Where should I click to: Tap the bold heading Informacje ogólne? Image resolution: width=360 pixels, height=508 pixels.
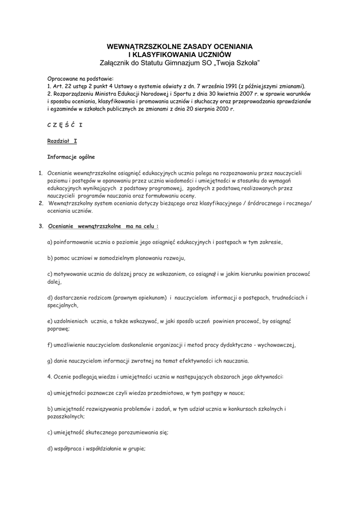71,157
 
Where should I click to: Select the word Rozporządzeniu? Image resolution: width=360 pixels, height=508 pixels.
76,93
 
